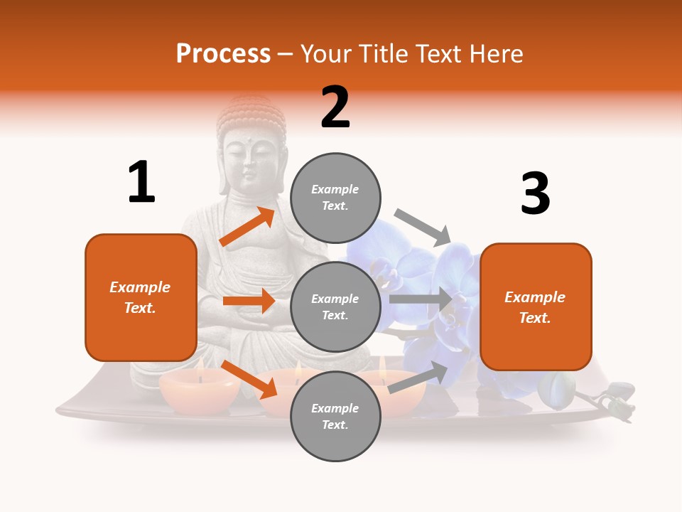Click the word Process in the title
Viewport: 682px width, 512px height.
coord(223,54)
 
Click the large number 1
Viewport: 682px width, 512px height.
coord(141,182)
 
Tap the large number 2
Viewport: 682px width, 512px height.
coord(335,107)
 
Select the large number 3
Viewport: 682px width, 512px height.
coord(535,194)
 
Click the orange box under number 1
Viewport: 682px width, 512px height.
coord(141,297)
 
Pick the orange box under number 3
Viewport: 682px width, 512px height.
coord(536,306)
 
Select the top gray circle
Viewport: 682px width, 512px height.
coord(335,198)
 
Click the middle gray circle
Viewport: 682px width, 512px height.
coord(335,306)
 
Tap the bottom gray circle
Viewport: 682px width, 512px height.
coord(335,416)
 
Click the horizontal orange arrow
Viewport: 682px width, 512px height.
coord(248,301)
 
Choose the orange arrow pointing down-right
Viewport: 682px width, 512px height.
coord(249,380)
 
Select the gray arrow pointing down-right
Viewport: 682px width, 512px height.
coord(423,227)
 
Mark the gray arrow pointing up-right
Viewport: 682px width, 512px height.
coord(418,378)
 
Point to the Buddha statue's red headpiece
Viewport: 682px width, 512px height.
coord(249,113)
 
